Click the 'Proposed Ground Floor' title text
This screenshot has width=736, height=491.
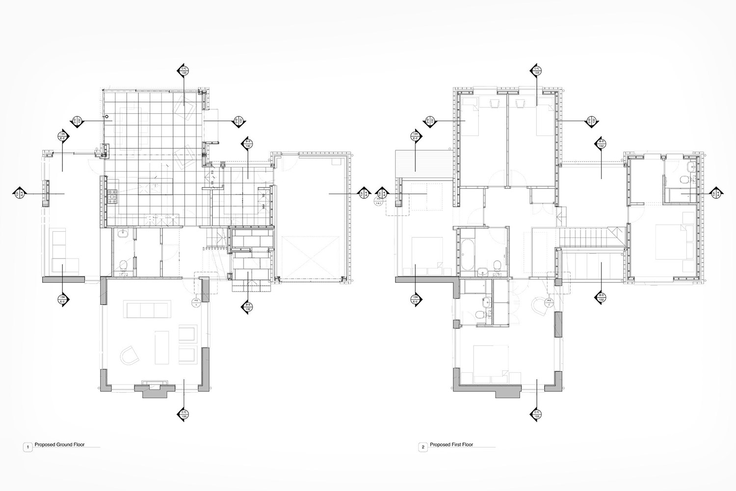(59, 444)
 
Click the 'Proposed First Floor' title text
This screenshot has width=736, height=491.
(451, 444)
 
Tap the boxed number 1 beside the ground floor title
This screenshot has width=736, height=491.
(28, 447)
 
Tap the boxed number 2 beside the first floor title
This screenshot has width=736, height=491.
(422, 447)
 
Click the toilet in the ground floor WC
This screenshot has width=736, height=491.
(123, 266)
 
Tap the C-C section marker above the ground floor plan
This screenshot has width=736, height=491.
(184, 70)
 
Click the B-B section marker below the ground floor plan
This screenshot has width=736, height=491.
(247, 308)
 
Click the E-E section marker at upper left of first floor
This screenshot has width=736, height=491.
(416, 136)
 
